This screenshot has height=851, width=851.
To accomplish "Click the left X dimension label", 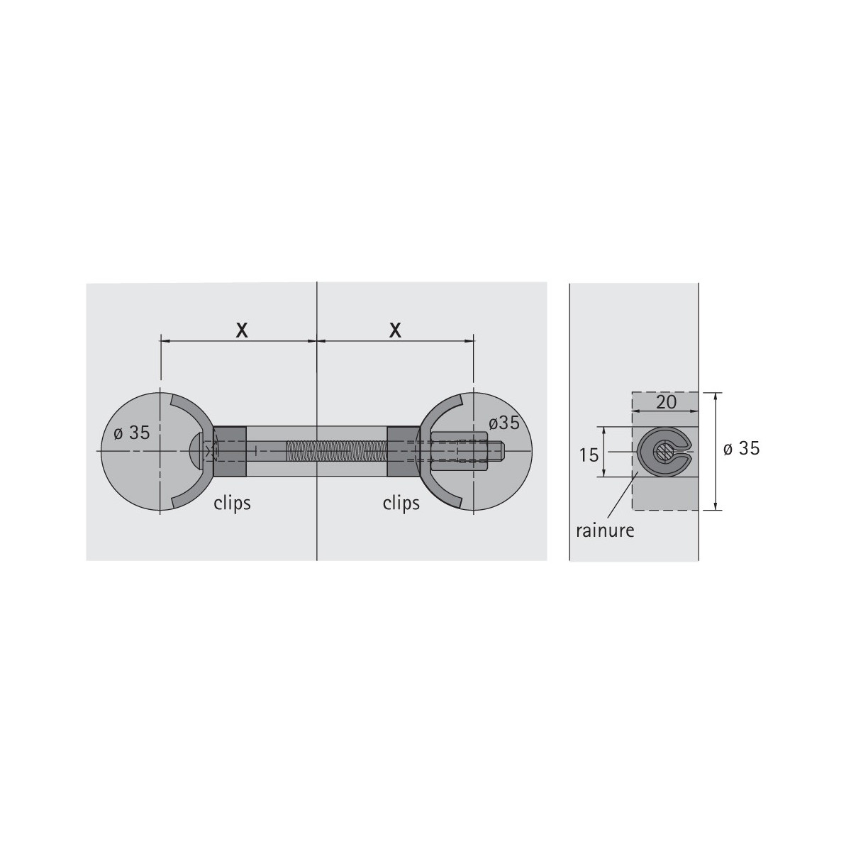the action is (242, 330).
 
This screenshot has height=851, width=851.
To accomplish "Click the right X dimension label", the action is (395, 330).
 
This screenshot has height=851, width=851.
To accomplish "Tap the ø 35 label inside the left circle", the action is (132, 433).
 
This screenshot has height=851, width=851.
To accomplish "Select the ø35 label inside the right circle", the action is (504, 423).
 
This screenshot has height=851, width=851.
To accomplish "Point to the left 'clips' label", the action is (233, 503).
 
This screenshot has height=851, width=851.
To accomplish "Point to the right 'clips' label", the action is (401, 503).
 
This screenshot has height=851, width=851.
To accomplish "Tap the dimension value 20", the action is (667, 402).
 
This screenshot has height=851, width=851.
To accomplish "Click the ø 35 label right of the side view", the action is (742, 449).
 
